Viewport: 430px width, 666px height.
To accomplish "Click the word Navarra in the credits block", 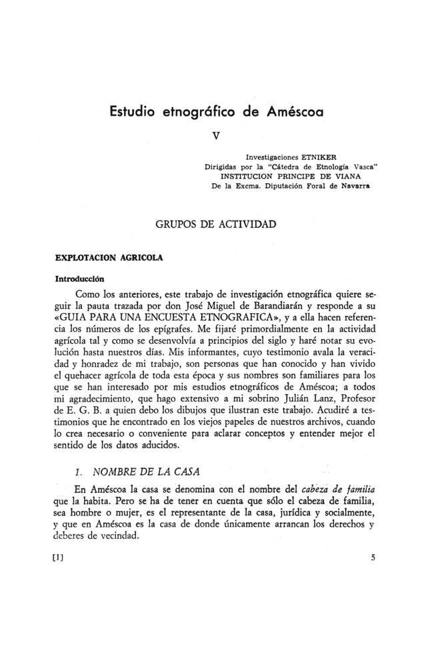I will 353,187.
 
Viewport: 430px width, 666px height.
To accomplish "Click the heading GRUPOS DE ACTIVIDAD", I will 215,224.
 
